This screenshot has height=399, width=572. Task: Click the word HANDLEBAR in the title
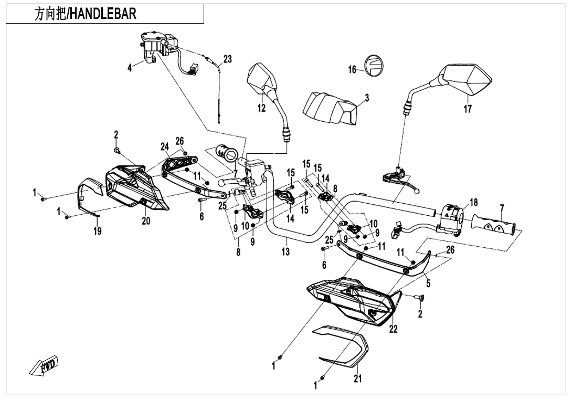coord(103,14)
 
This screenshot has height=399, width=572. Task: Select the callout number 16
coord(352,69)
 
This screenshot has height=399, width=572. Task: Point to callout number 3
coord(367,98)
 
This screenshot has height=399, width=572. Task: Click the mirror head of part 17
coord(469,80)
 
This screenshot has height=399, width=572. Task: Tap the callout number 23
coord(227,59)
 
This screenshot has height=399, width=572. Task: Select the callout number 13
coord(285,252)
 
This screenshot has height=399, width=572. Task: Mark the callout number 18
coord(473,203)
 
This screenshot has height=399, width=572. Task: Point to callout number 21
coord(357,380)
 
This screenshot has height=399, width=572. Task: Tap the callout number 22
coord(393,330)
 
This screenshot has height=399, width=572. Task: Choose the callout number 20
coord(146,221)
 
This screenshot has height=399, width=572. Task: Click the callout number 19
coord(98,231)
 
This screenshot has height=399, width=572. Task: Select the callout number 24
coord(165,146)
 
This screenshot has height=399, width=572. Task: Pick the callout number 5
coord(428,284)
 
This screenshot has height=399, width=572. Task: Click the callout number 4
coord(130,69)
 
